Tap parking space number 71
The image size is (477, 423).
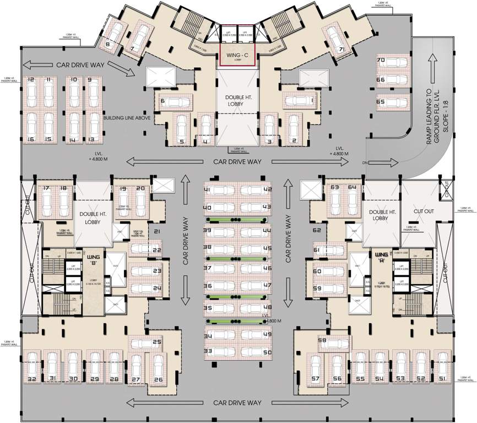[342, 50]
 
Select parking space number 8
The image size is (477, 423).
[108, 44]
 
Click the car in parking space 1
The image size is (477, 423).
[297, 101]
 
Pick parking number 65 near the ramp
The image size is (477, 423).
[381, 102]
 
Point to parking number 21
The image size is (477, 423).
[157, 231]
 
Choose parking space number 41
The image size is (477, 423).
[208, 190]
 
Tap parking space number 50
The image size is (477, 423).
[268, 351]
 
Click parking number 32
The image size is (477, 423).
[32, 379]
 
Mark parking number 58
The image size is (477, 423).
[323, 341]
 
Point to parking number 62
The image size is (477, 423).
[317, 230]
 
